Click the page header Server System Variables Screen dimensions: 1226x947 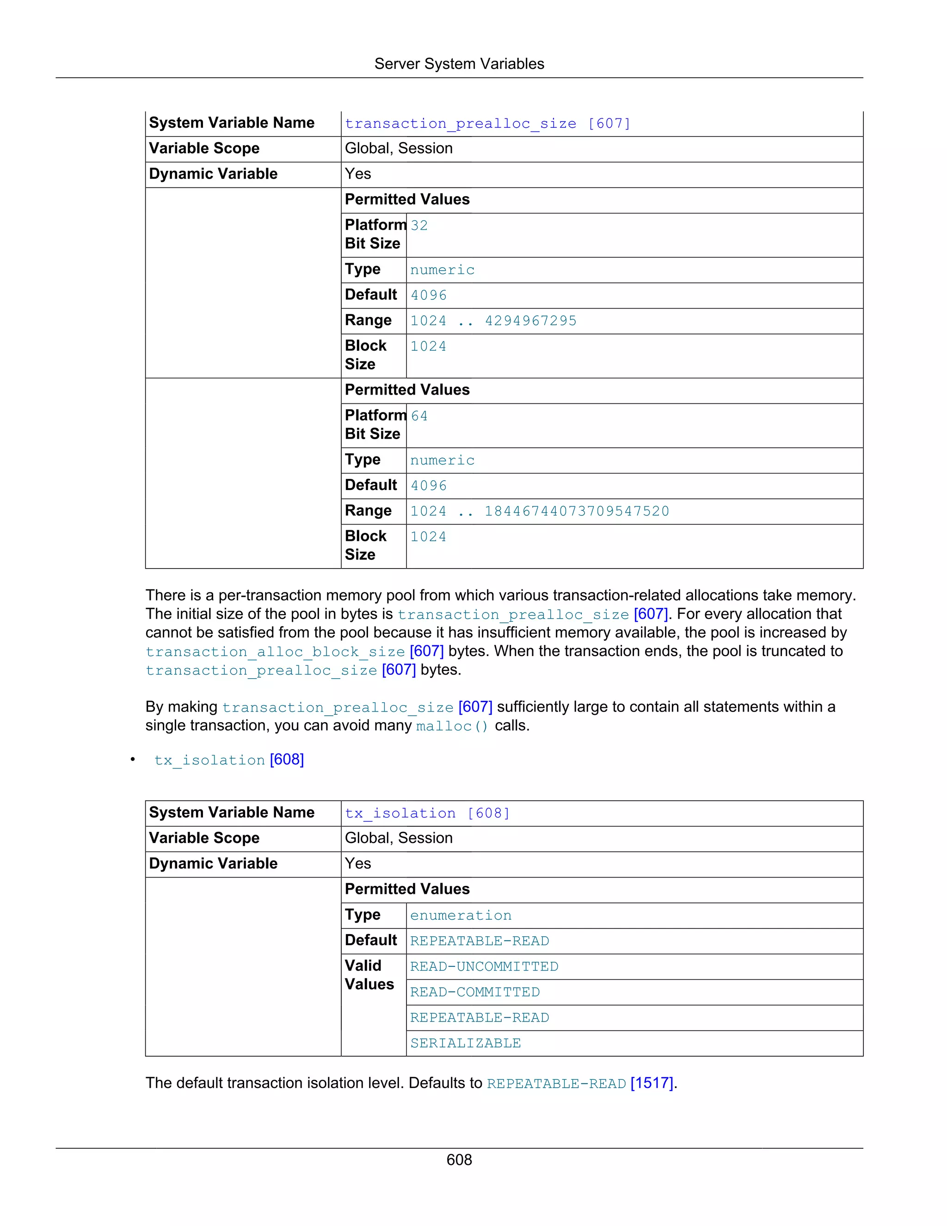click(459, 64)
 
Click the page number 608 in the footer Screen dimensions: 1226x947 click(459, 1159)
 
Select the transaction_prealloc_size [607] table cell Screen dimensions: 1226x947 click(487, 124)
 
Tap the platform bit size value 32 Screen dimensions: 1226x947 click(419, 226)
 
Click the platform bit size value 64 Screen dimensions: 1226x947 click(419, 416)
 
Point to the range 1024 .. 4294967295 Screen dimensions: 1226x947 click(493, 321)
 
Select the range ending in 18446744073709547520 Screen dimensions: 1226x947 click(540, 511)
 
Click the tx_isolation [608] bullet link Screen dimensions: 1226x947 click(229, 760)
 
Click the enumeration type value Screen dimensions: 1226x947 click(461, 915)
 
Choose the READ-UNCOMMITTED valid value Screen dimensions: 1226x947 click(484, 966)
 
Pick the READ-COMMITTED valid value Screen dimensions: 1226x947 click(474, 992)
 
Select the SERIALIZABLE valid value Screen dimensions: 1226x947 click(465, 1043)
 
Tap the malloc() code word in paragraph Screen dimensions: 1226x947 click(452, 726)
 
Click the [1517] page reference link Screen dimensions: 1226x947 click(652, 1083)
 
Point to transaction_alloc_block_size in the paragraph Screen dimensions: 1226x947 click(275, 652)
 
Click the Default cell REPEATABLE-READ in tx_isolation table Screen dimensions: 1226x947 click(479, 941)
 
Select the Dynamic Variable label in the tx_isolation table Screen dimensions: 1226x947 click(213, 863)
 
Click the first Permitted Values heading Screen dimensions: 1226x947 click(407, 199)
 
